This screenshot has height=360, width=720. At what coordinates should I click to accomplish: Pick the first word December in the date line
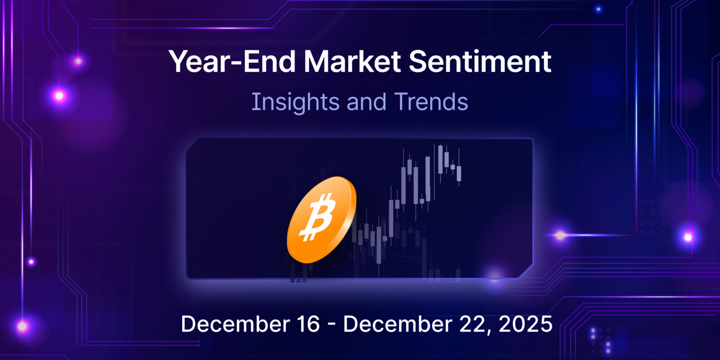point(233,324)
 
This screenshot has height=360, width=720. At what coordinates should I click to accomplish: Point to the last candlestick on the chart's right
point(458,173)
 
